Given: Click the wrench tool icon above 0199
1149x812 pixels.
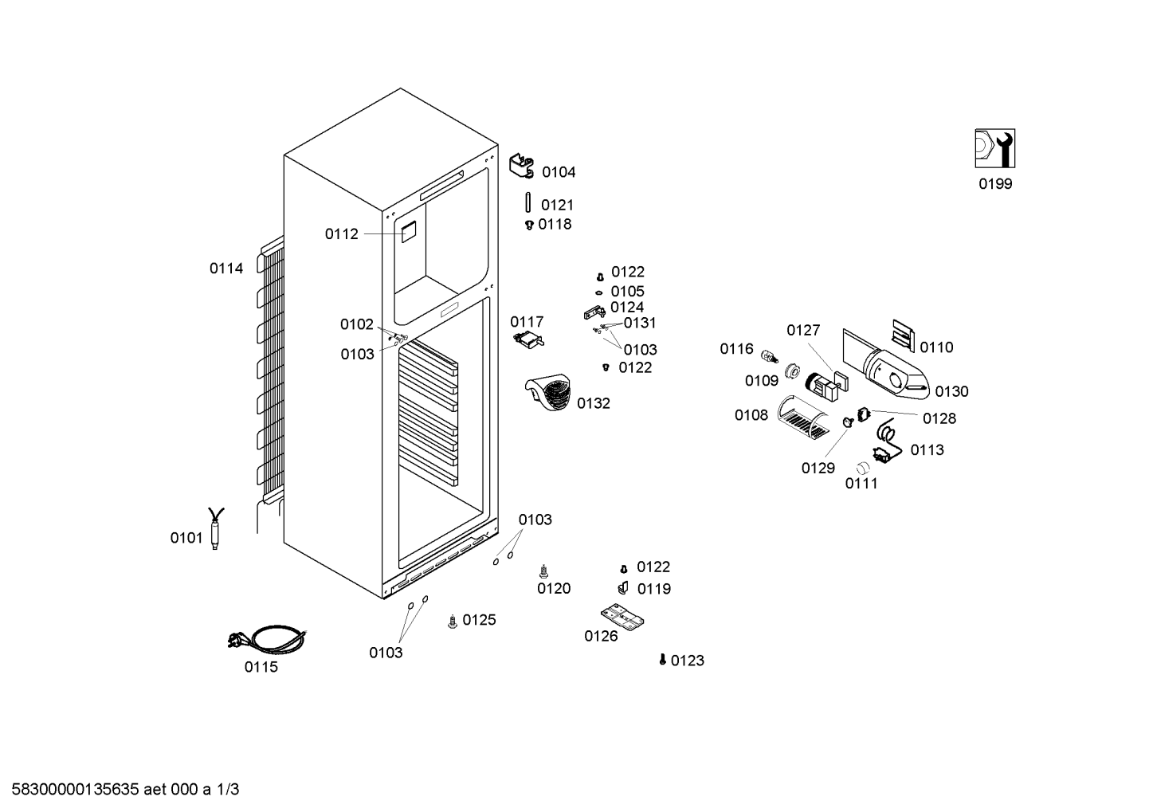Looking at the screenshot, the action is click(x=994, y=148).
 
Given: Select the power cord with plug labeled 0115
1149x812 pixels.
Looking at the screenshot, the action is click(x=267, y=639).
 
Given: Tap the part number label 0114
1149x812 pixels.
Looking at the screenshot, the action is click(x=226, y=269).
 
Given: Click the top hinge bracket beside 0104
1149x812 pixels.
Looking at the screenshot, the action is click(x=522, y=166).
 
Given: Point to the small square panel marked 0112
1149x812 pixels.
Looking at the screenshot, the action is click(x=408, y=232).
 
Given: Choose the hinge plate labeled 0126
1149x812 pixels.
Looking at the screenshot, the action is click(x=622, y=617).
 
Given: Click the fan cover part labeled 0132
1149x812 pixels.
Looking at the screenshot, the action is click(x=548, y=392).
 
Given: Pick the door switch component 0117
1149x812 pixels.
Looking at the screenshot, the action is click(x=528, y=340).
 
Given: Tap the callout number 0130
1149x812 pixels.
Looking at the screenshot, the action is click(x=951, y=391).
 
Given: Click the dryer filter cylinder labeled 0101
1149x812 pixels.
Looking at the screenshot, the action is click(x=215, y=529).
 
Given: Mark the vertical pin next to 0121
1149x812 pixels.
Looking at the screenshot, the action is click(x=527, y=202).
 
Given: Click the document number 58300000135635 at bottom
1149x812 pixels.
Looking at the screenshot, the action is click(x=75, y=789).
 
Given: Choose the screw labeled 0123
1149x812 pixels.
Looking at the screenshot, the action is click(x=662, y=660).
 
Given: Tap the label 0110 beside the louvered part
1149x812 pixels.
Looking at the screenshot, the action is click(x=936, y=347).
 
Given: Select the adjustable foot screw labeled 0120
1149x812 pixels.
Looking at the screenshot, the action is click(x=543, y=571).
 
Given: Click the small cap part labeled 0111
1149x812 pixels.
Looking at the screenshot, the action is click(x=863, y=468).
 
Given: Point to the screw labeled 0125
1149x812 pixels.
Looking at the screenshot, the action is click(x=452, y=622).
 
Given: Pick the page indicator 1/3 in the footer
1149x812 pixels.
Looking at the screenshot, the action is click(x=228, y=789).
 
